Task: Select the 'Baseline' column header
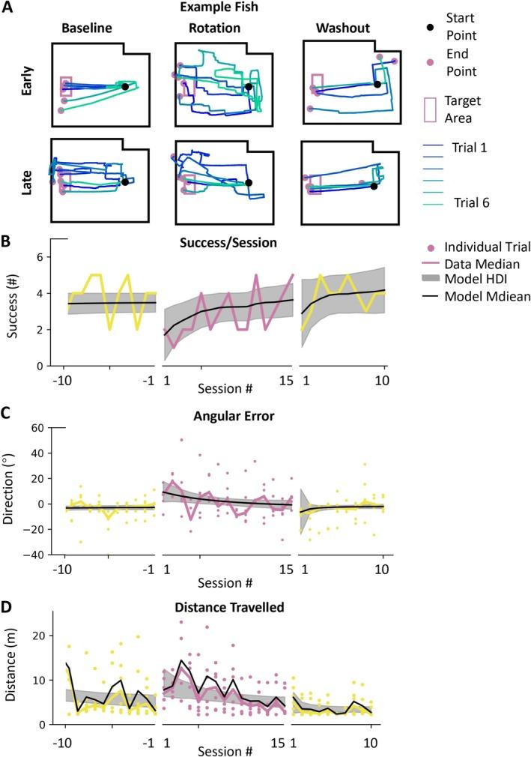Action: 88,29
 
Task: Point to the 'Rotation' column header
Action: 211,29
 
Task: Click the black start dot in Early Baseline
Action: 125,87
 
